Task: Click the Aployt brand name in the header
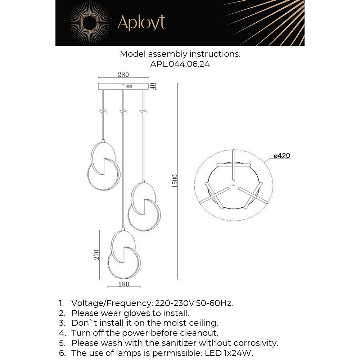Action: coord(141,23)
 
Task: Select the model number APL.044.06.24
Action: coord(180,64)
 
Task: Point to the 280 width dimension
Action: coord(123,75)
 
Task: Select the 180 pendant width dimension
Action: coord(123,284)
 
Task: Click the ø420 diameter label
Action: coord(282,156)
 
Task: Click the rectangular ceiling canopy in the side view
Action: coord(123,86)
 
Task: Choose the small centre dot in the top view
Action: coord(233,186)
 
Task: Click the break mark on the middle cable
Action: coord(123,110)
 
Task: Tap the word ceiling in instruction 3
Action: coord(202,323)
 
